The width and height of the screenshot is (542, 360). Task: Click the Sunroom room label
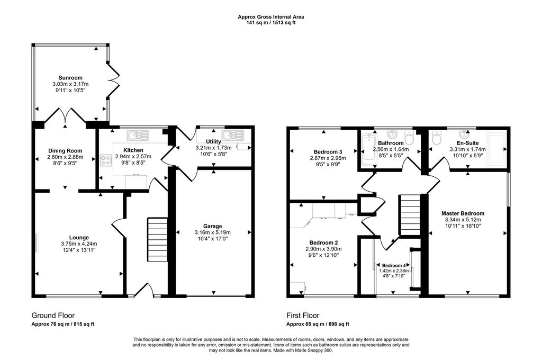[70, 78]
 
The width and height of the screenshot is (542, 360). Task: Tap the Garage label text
[212, 226]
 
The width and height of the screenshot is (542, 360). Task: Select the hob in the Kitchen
[105, 160]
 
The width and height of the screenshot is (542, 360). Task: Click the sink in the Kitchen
[138, 135]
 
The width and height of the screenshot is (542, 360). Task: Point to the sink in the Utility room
[233, 135]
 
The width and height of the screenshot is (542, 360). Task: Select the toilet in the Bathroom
[409, 138]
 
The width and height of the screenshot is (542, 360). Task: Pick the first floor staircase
[410, 215]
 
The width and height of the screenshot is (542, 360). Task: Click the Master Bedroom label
[463, 213]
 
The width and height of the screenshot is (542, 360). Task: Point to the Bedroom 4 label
[394, 266]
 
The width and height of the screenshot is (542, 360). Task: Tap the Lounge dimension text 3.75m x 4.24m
[79, 244]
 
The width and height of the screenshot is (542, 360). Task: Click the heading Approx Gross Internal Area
[270, 16]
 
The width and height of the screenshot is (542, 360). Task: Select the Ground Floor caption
[53, 316]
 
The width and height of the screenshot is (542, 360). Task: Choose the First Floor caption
[303, 316]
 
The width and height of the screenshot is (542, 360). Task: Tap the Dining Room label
[65, 151]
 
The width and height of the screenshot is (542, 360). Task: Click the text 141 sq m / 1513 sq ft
[270, 23]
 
